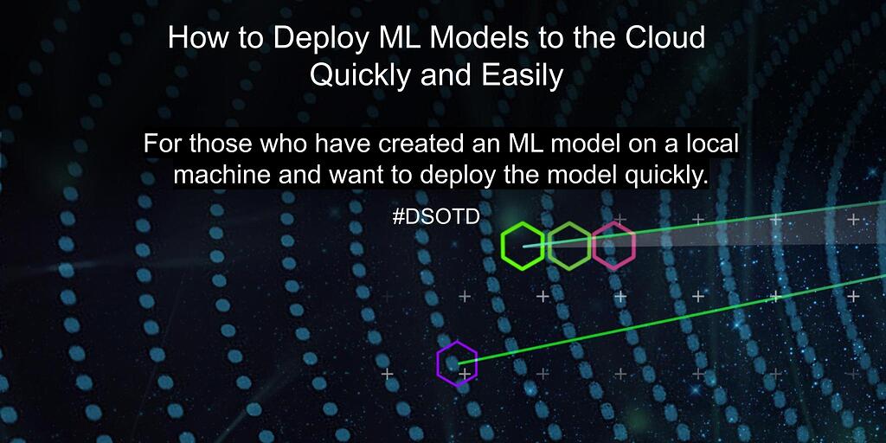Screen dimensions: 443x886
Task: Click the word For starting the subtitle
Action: point(163,144)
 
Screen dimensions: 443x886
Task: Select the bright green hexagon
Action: point(523,246)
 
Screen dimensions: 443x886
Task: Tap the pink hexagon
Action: point(613,246)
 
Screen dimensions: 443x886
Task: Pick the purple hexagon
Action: point(456,363)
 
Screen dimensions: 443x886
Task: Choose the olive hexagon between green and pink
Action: point(568,246)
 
